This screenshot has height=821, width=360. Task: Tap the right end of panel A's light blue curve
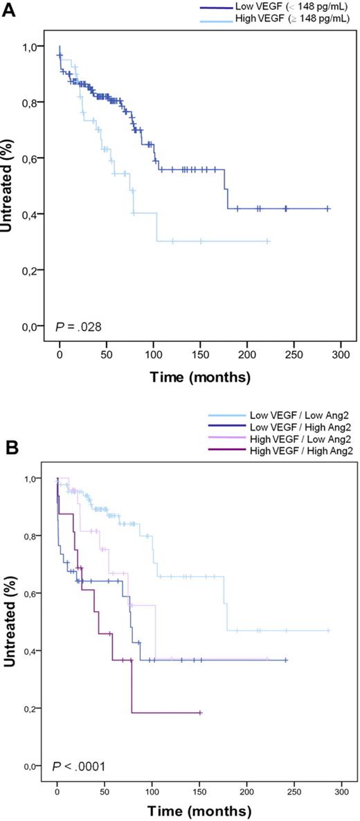[x=269, y=241]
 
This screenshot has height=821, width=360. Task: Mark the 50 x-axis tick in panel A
[x=106, y=355]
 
